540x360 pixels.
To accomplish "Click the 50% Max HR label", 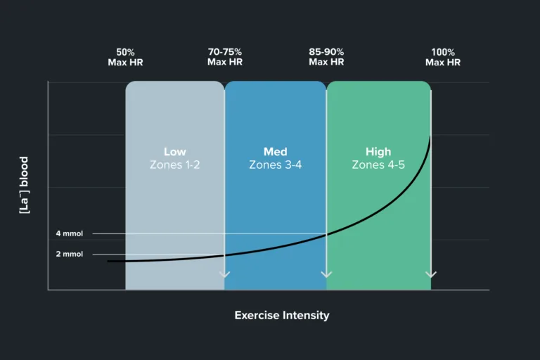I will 126,57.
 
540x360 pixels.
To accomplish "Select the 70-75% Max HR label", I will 225,57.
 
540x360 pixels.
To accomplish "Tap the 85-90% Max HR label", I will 326,57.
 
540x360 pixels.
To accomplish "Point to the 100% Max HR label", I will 443,57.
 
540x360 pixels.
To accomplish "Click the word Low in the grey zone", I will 175,152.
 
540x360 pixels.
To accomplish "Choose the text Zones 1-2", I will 175,165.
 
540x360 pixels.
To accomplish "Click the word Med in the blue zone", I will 276,152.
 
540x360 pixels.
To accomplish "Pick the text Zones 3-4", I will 276,165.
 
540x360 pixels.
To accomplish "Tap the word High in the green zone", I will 378,152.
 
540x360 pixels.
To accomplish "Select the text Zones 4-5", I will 378,165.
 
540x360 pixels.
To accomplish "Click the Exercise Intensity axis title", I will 281,315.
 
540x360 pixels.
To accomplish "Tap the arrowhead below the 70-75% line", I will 225,274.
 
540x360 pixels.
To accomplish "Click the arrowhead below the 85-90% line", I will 326,274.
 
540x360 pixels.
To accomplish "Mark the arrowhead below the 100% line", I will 431,274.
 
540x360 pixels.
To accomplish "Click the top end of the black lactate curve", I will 430,136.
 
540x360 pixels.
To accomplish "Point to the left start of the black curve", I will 108,261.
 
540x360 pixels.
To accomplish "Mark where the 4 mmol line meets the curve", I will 326,233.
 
